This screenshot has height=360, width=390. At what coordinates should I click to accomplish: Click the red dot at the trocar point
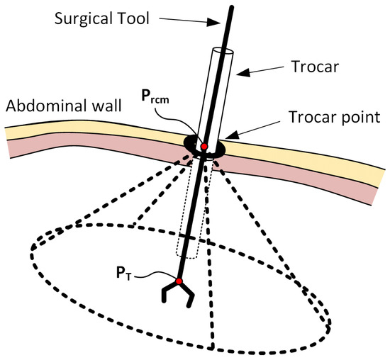pyautogui.click(x=204, y=146)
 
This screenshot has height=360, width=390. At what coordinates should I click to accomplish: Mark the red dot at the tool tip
pyautogui.click(x=179, y=282)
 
